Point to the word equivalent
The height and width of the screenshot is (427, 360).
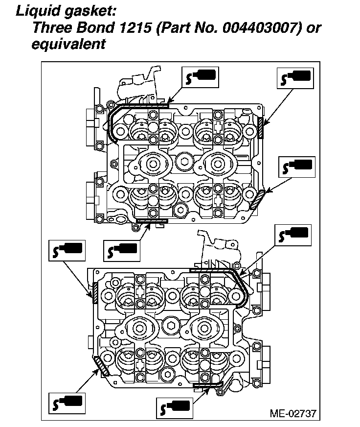[69, 44]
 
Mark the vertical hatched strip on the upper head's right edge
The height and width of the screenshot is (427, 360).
[262, 128]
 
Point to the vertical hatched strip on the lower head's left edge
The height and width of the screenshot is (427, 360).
[95, 292]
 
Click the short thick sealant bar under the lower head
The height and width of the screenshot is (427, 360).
[208, 385]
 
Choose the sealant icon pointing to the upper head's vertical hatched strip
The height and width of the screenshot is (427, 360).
[295, 78]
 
